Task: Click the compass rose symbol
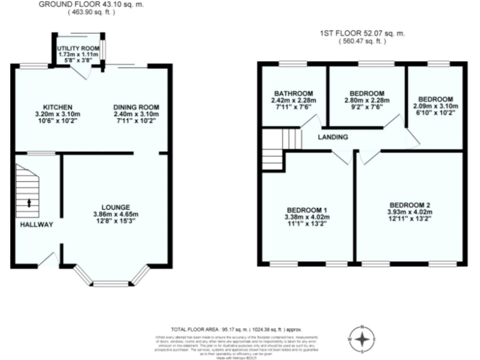coord(361,338)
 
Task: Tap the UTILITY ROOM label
coord(78,48)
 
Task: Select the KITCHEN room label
coord(57,106)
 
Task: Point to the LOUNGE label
coord(116,207)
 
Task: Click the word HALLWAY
coord(36,224)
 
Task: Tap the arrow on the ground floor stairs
coord(29,202)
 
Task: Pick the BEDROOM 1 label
coord(307,209)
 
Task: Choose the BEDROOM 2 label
coord(409,205)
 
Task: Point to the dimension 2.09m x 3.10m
coord(436,107)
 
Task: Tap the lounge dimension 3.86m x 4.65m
coord(116,215)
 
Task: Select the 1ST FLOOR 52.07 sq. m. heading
coord(362,34)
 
